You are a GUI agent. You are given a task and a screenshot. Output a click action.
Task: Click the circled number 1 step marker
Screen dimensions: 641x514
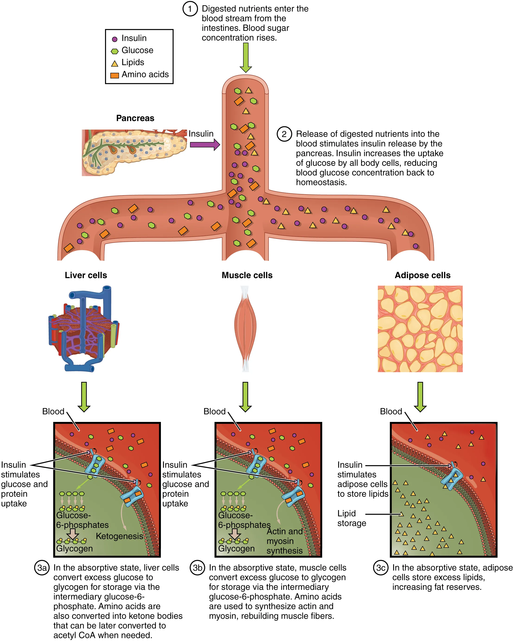tap(190, 9)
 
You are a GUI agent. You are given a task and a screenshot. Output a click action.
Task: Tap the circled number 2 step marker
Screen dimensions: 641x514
tap(284, 134)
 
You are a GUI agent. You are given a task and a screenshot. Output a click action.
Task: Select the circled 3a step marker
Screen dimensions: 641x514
tap(42, 568)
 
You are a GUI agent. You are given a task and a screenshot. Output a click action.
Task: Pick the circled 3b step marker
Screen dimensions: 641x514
tap(197, 568)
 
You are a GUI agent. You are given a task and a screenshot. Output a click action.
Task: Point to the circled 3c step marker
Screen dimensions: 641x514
tap(380, 568)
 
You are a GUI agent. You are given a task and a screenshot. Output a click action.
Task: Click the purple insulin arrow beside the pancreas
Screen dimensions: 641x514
tap(205, 145)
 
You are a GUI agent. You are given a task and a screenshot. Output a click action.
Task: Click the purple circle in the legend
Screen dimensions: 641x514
tap(115, 39)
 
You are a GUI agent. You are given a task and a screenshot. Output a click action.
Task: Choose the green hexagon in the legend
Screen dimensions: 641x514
tap(115, 51)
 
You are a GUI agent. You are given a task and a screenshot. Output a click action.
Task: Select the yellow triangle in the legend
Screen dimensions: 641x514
tap(115, 63)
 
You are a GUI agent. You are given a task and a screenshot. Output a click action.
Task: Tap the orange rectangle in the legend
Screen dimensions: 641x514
tap(115, 75)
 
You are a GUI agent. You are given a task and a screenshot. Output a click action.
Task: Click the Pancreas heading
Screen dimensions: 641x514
tap(135, 118)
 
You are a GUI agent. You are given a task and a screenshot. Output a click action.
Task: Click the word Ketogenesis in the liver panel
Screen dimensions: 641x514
tap(119, 536)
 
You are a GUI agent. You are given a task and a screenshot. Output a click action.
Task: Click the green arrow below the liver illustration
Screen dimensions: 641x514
tap(84, 397)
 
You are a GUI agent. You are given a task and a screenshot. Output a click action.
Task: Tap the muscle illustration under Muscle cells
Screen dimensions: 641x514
tap(245, 328)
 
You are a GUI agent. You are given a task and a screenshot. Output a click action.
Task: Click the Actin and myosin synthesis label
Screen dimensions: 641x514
tap(284, 541)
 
